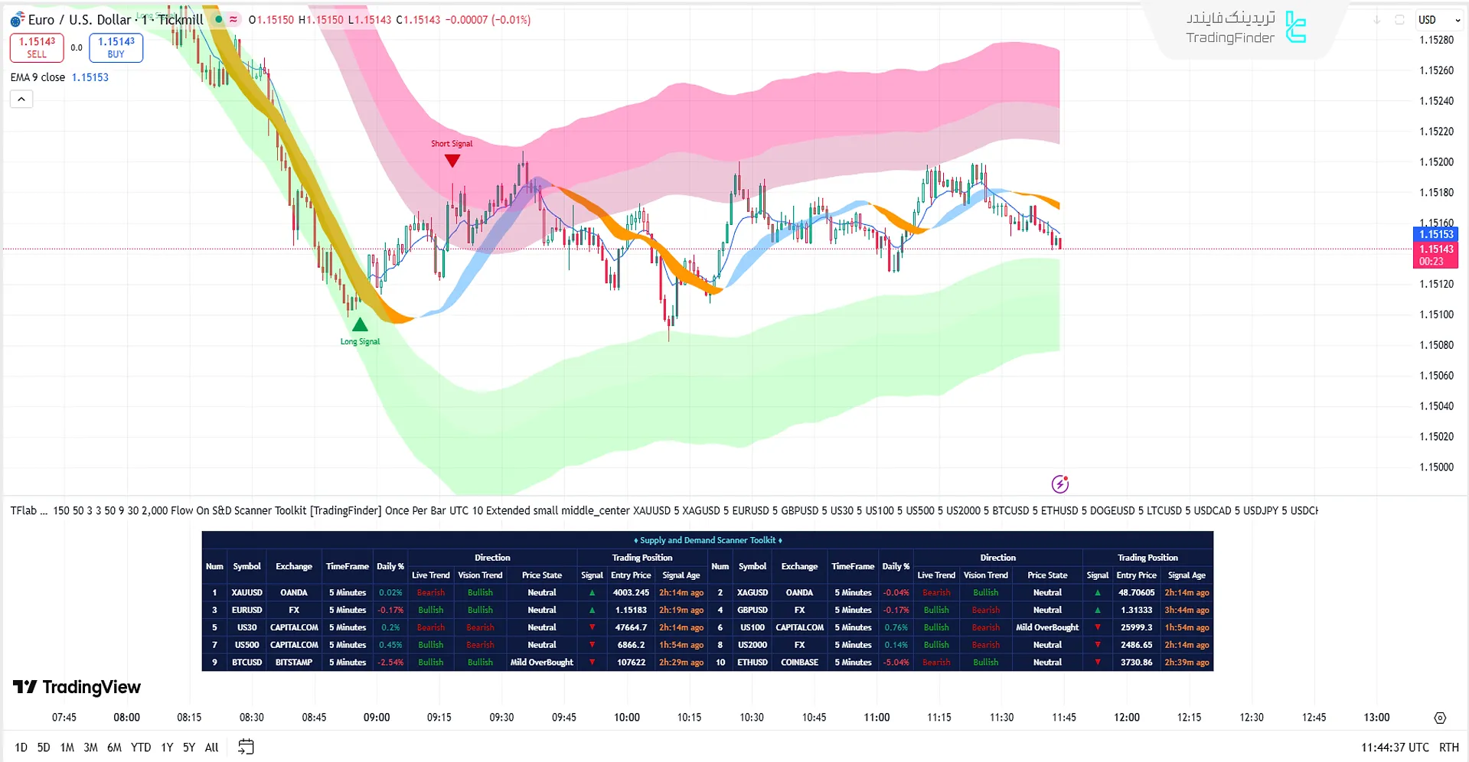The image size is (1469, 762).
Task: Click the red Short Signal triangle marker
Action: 452,161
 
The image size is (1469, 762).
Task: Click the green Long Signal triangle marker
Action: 360,324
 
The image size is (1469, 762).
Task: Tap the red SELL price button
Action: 37,47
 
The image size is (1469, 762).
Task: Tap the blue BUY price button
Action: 116,47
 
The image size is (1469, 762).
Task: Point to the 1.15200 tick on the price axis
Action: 1436,162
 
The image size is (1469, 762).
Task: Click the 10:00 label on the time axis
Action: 626,717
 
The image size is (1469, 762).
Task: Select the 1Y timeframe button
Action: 167,747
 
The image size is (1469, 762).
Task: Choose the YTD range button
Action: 141,747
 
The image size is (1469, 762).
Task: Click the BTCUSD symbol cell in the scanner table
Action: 246,663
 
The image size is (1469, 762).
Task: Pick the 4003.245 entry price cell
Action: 631,593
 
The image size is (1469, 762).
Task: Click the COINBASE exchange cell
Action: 799,663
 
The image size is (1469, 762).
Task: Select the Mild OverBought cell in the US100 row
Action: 1046,627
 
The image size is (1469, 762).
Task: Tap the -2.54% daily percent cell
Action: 390,663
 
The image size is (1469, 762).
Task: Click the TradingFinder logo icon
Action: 1295,28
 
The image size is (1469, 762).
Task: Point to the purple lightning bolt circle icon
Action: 1059,484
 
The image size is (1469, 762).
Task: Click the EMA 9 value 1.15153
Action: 90,77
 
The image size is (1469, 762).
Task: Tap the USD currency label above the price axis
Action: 1427,20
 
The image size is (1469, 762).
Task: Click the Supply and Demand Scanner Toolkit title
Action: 707,540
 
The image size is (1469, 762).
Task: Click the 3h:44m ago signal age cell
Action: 1187,611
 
